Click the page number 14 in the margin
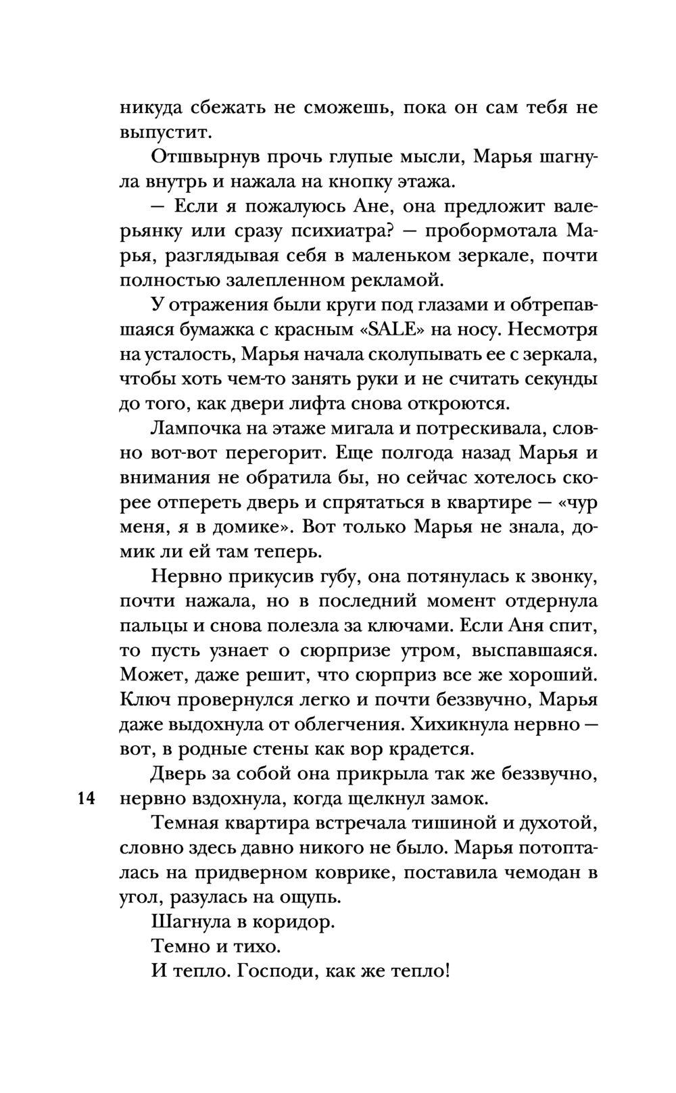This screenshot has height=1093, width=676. pyautogui.click(x=84, y=798)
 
